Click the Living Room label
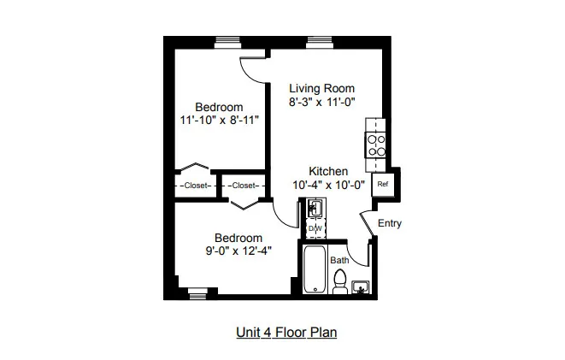pos(321,88)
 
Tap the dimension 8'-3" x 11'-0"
pos(321,102)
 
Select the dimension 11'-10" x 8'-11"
pos(220,120)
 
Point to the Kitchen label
pos(328,171)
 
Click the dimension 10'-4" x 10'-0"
pos(328,185)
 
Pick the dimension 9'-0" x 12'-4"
pos(238,251)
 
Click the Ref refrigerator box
pos(383,185)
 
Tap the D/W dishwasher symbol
pos(315,228)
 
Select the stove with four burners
pos(376,145)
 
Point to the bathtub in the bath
pos(315,269)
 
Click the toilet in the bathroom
pos(340,282)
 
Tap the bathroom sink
pos(361,287)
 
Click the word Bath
pos(339,260)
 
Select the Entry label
pos(390,223)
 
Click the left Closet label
pos(196,186)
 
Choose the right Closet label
pos(244,186)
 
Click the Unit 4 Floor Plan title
pos(286,333)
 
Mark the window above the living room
pos(319,43)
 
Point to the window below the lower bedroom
pos(197,293)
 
